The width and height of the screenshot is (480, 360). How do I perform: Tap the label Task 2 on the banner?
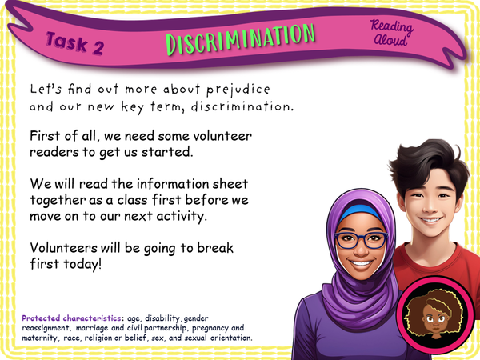[74, 43]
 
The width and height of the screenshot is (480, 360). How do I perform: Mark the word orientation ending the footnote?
[230, 338]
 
